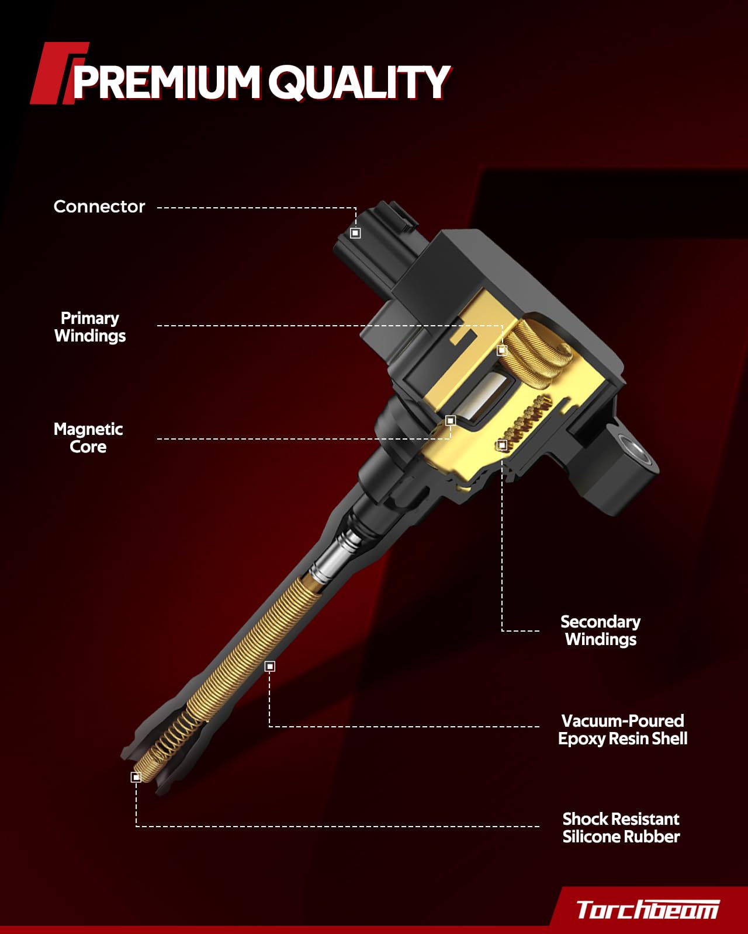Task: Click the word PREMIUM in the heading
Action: coord(165,82)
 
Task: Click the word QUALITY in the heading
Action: coord(359,82)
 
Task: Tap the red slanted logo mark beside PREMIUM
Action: coord(56,74)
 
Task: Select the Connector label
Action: coord(99,207)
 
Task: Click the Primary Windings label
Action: coord(90,327)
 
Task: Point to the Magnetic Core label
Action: coord(88,438)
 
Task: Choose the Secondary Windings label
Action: coord(601,630)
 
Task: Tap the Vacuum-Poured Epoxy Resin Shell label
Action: coord(622,730)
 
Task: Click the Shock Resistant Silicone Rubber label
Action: coord(621,828)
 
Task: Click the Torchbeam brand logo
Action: coord(647,909)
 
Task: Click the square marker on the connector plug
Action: coord(355,233)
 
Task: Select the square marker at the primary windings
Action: coord(502,350)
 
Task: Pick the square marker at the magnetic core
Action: coord(451,420)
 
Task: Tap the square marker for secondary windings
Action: coord(502,445)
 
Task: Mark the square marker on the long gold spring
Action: coord(269,666)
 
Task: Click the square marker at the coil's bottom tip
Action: coord(136,777)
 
